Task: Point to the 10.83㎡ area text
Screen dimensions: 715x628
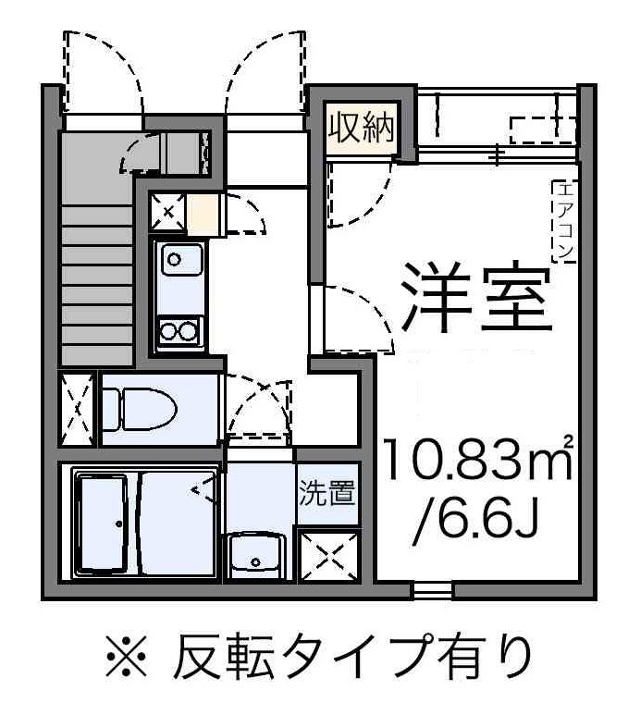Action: coord(477,463)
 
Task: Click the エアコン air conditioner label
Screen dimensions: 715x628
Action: coord(563,220)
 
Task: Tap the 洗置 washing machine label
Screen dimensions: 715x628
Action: coord(326,493)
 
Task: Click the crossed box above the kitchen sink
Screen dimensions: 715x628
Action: coord(166,212)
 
